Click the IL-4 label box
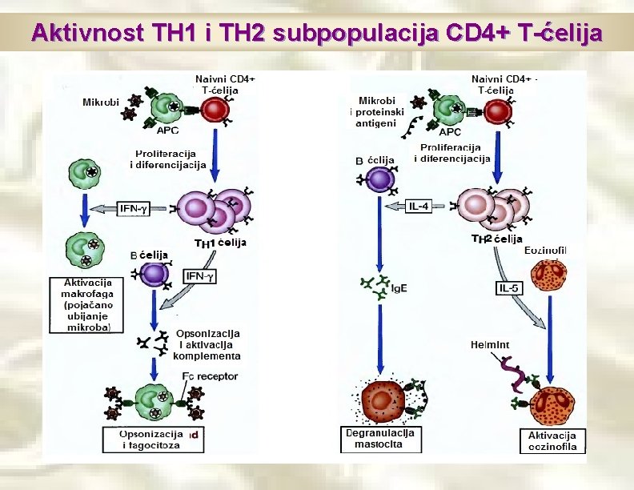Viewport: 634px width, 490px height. [419, 207]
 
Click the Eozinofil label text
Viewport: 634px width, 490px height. [546, 251]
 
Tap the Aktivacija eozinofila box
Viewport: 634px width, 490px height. [552, 440]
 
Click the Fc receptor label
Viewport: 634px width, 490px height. [210, 376]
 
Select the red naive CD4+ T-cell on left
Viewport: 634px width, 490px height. [214, 110]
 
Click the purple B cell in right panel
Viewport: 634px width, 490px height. [376, 181]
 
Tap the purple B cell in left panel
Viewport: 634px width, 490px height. [152, 274]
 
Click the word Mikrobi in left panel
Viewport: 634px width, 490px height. [102, 102]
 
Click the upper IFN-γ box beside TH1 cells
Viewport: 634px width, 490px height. [134, 209]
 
